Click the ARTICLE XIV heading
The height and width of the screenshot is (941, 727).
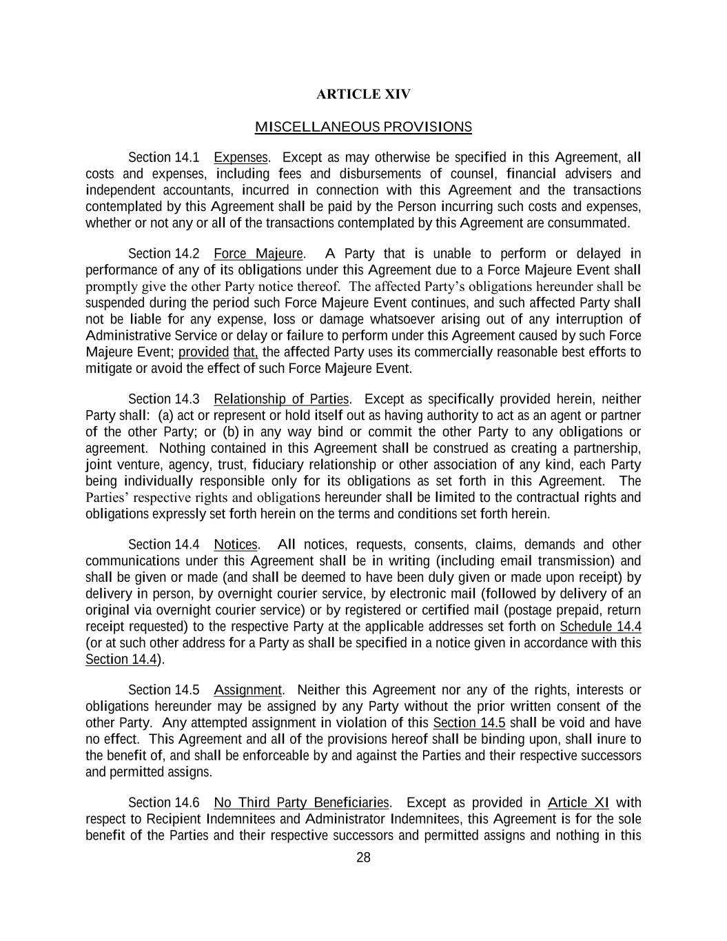(363, 94)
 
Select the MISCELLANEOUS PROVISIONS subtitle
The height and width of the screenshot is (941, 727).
(363, 127)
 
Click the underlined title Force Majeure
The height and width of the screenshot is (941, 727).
(258, 254)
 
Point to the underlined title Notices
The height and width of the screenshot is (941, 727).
(236, 545)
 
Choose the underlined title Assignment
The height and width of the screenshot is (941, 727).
(247, 690)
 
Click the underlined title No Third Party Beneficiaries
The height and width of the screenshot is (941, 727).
(301, 802)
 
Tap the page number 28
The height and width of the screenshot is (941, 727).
(363, 858)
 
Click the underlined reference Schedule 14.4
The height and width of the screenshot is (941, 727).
(600, 627)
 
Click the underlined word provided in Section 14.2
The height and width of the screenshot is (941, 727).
(203, 352)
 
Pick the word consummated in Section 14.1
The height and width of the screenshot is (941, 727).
(593, 223)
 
